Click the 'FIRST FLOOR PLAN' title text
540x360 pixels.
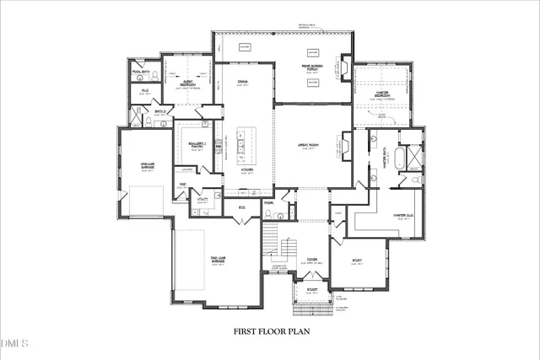(x=272, y=331)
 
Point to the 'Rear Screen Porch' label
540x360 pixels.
(x=313, y=66)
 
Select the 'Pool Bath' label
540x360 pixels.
(x=140, y=73)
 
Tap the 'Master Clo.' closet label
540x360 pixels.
(x=402, y=216)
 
